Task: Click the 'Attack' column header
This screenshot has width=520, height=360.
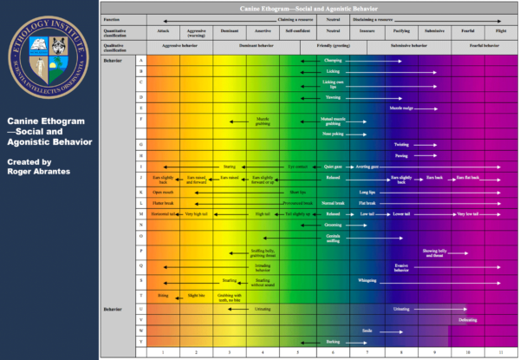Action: (164, 29)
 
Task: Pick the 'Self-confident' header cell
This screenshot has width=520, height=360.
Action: (296, 29)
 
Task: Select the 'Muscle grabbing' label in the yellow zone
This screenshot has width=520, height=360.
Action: (264, 121)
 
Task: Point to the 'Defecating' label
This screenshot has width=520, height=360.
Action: (467, 319)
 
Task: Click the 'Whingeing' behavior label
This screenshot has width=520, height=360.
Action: (367, 281)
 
